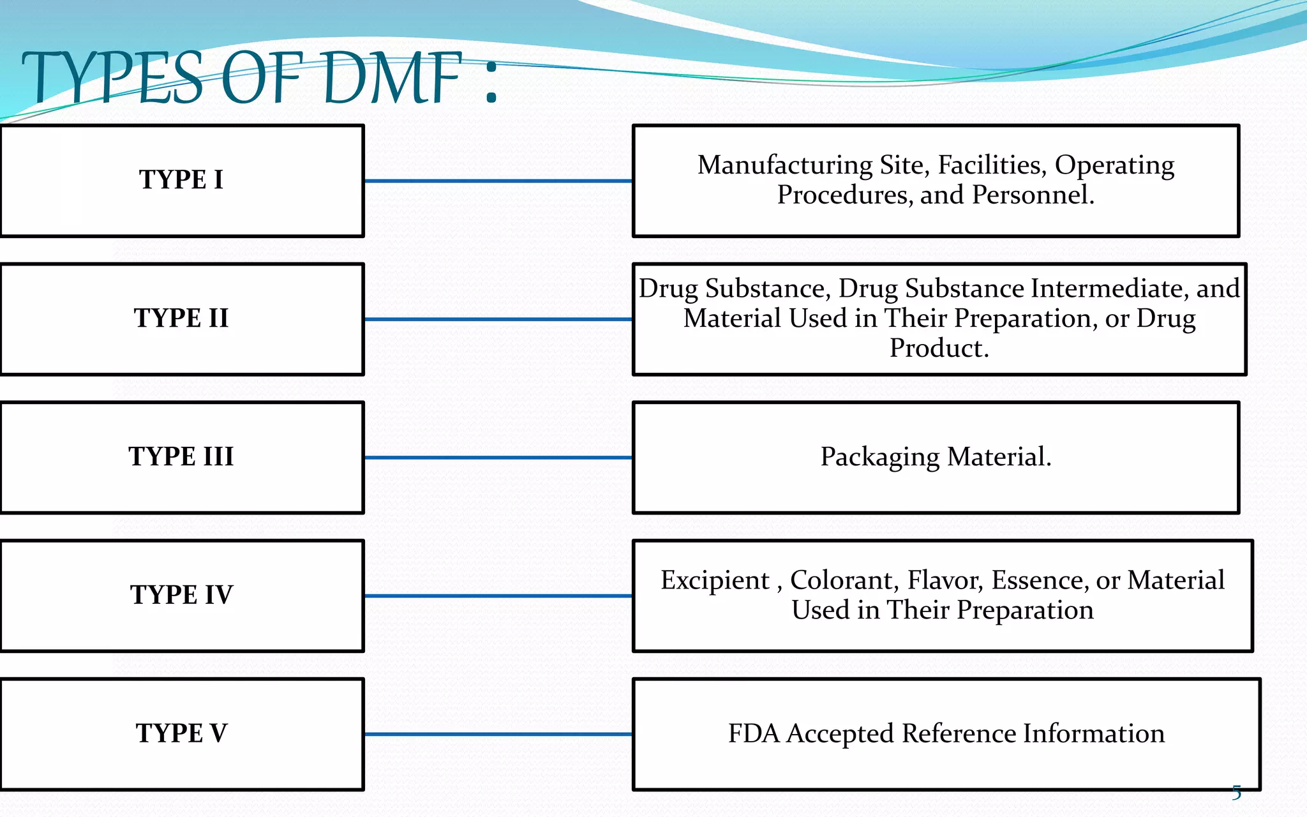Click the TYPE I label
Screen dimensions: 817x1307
click(181, 179)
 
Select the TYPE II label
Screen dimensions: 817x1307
click(181, 318)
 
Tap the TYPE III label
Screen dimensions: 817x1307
click(181, 456)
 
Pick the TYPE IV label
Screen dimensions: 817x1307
click(181, 595)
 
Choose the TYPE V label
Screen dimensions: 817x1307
click(181, 733)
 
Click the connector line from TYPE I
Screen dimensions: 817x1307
click(498, 181)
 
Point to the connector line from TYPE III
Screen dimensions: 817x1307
click(498, 458)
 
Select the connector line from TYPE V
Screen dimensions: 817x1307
click(498, 734)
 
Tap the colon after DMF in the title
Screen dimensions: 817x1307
click(490, 86)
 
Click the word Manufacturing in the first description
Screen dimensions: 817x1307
click(784, 165)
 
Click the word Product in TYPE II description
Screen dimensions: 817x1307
click(939, 349)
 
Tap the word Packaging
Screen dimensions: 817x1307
click(879, 457)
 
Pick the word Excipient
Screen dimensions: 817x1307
click(715, 580)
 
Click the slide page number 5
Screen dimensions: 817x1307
click(1236, 793)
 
